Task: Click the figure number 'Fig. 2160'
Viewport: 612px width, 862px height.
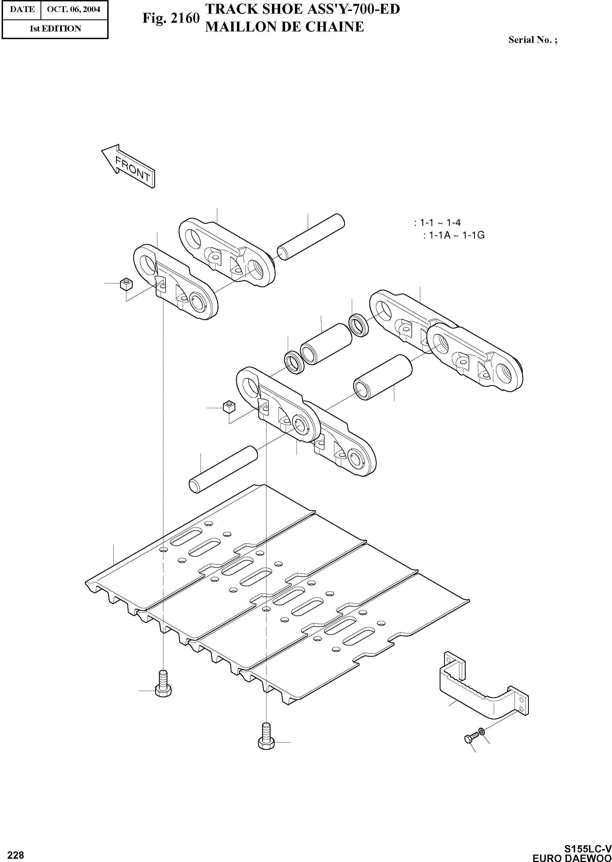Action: [171, 18]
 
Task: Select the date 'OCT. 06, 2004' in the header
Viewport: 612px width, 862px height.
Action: [74, 9]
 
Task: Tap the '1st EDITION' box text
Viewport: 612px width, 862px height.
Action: [55, 29]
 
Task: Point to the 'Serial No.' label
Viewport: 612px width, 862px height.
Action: [532, 40]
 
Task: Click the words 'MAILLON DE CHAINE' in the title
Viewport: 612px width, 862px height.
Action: [284, 27]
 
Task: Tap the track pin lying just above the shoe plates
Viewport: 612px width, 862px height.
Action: [223, 469]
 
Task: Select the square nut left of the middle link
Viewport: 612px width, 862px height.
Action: [229, 407]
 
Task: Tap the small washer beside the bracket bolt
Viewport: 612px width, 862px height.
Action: [481, 732]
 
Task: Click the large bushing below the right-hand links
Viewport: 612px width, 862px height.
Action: [382, 378]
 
